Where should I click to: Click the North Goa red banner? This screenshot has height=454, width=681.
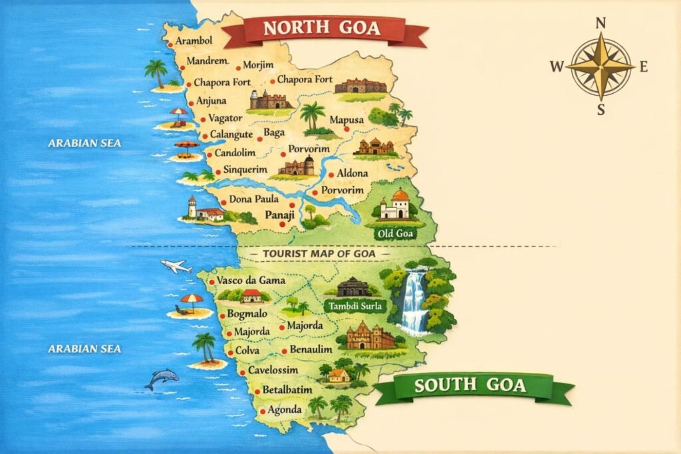(322, 29)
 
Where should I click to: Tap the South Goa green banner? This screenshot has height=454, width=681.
(470, 386)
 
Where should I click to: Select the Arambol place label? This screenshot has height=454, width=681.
(194, 41)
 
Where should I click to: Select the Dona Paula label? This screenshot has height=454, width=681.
(253, 199)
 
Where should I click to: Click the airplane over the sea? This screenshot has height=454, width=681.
(176, 267)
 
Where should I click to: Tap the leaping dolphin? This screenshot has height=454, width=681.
(161, 380)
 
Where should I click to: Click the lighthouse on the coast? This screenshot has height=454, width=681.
(192, 207)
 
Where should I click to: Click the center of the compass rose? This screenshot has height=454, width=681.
(601, 66)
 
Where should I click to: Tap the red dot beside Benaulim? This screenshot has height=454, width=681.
(284, 350)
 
